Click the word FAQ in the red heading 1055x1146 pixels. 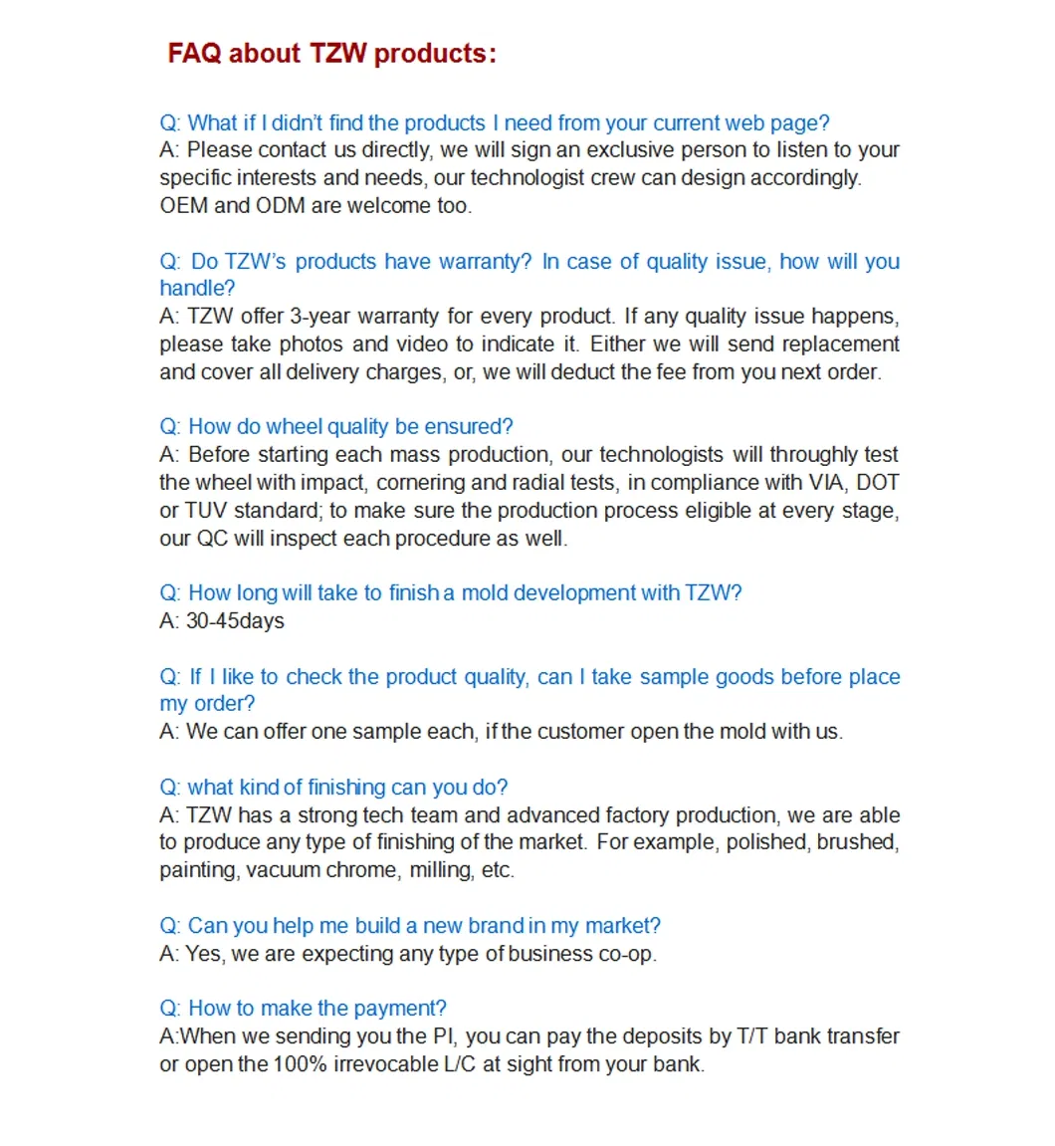point(194,53)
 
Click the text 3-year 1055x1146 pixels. point(314,317)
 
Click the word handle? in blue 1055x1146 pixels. point(197,289)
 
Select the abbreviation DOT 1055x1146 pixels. point(877,483)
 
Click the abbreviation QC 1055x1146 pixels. point(212,539)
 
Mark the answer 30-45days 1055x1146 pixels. point(235,621)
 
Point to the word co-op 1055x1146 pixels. point(626,954)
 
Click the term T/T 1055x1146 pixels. point(752,1036)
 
